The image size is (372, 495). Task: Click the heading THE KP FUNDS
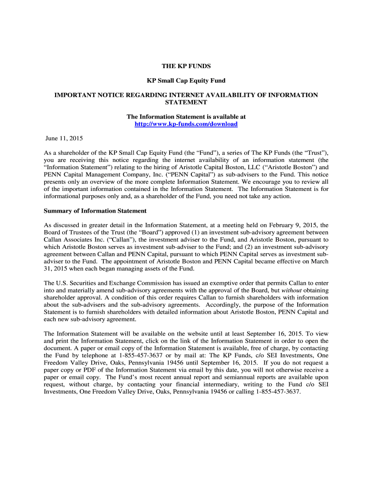click(186, 66)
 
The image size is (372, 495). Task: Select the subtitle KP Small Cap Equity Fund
click(186, 81)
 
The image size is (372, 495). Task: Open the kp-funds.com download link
click(186, 124)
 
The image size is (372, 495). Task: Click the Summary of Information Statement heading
click(95, 211)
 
